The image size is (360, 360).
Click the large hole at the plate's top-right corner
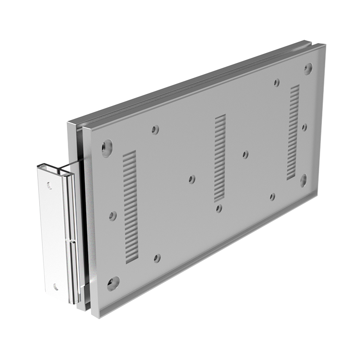(308, 68)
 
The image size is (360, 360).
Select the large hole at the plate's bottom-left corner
(113, 283)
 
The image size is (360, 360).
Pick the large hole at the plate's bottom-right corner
(303, 180)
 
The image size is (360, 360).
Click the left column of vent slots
(130, 207)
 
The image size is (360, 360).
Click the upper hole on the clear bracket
(49, 185)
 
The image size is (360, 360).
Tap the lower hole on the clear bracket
(55, 287)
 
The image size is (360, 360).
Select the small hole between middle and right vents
(246, 154)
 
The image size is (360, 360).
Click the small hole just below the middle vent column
(219, 208)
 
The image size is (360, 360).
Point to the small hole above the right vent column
(276, 82)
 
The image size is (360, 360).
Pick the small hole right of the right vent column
(304, 127)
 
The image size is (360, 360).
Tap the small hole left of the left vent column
(113, 216)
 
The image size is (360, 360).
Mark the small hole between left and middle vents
(192, 179)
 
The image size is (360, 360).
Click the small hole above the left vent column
(155, 130)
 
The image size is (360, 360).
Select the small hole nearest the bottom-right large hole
(273, 197)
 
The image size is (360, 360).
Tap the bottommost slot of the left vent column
(132, 260)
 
